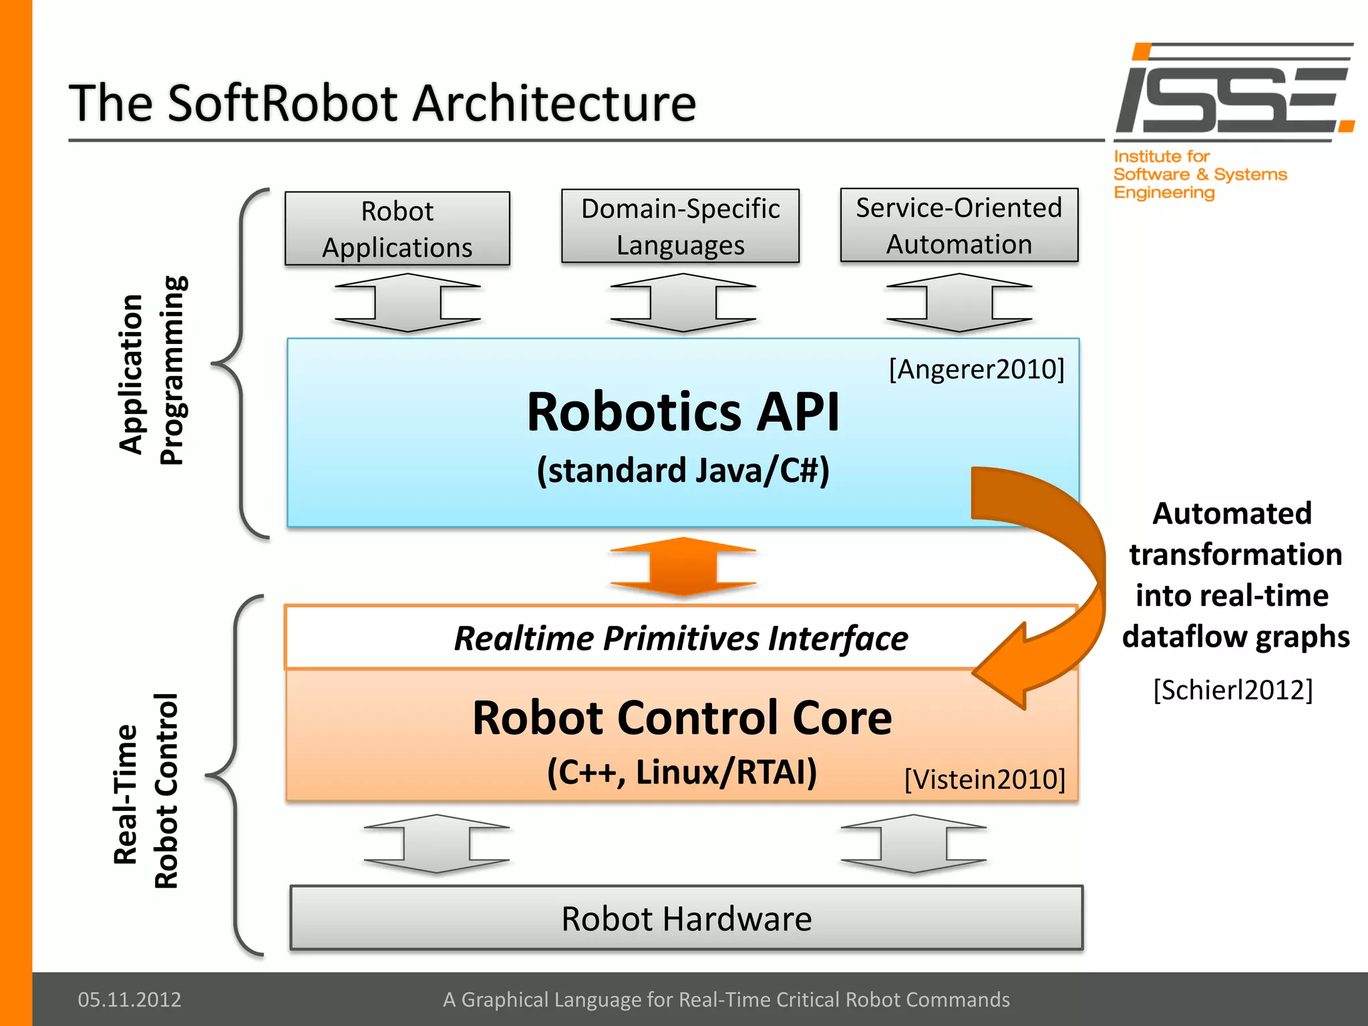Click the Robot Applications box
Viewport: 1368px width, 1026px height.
(x=397, y=229)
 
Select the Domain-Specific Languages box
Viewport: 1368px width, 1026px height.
(x=680, y=226)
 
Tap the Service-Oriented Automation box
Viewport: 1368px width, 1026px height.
(x=959, y=226)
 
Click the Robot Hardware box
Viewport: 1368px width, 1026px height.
(x=686, y=918)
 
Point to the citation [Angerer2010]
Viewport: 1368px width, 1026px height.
(x=976, y=369)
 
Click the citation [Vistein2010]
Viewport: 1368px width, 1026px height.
(x=985, y=779)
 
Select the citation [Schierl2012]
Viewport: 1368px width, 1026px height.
(x=1232, y=689)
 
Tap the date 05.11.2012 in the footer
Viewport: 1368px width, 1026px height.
(x=130, y=999)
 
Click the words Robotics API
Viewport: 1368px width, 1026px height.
(x=683, y=412)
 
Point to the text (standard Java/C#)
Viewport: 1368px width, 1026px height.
(x=683, y=470)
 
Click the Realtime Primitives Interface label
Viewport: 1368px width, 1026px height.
(x=681, y=638)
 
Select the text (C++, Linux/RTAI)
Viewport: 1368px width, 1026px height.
(x=682, y=772)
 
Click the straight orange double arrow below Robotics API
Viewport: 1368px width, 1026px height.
(x=683, y=567)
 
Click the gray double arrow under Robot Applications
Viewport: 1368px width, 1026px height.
(x=407, y=303)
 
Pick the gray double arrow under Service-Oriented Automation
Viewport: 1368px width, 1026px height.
(x=959, y=303)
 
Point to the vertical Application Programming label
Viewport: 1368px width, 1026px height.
(x=152, y=371)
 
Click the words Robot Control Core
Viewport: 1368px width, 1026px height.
(x=682, y=718)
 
